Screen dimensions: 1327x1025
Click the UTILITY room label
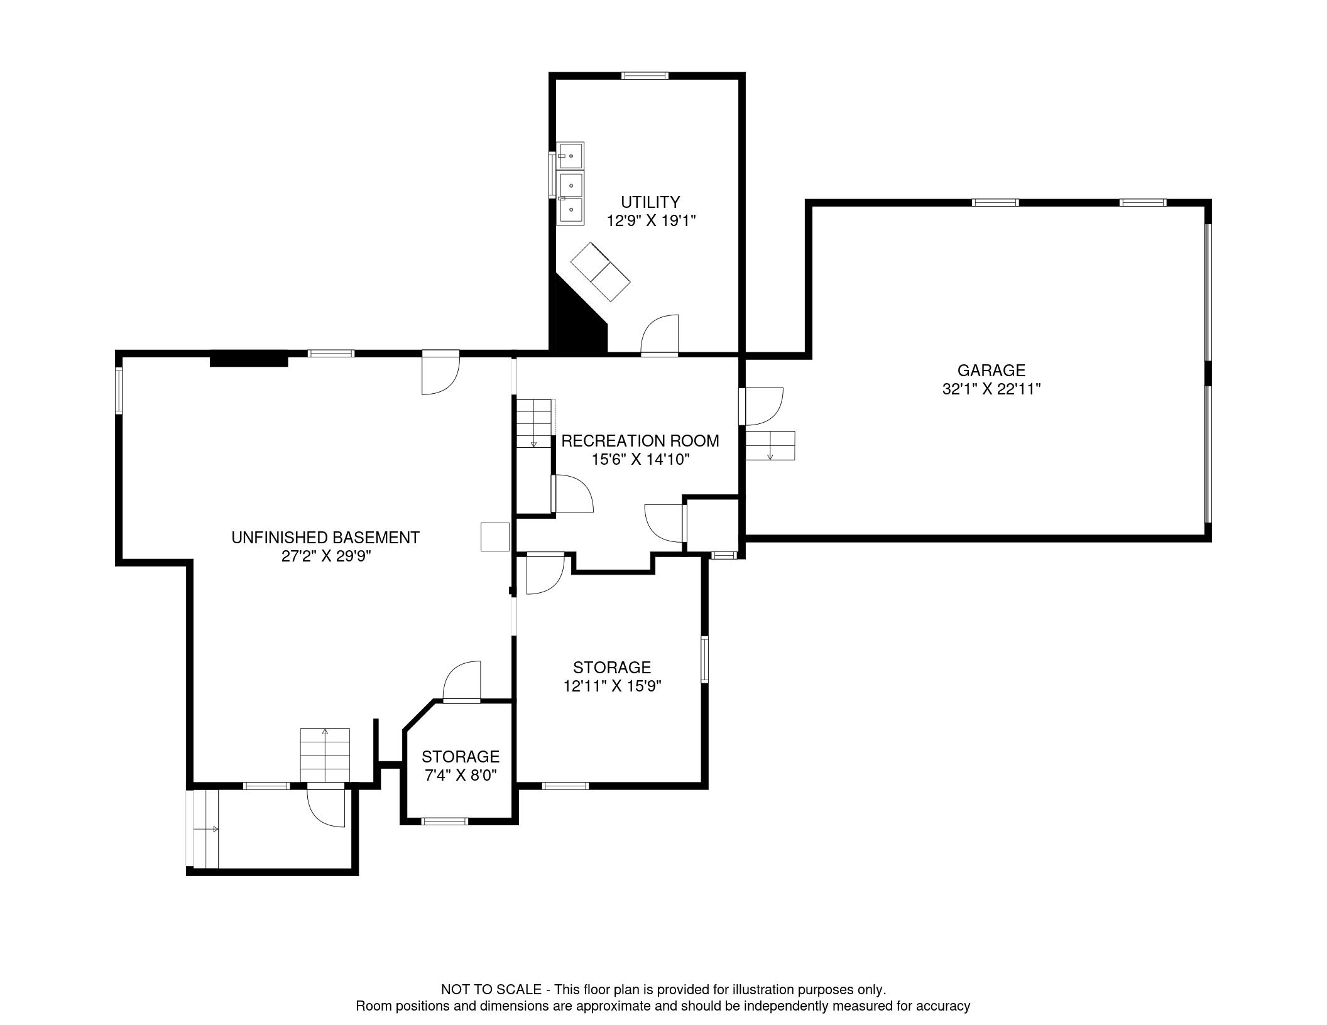650,202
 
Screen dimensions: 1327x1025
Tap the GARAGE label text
991,371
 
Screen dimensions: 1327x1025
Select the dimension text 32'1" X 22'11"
991,389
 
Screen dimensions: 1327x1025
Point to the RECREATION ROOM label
640,441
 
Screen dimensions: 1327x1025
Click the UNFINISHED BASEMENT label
325,538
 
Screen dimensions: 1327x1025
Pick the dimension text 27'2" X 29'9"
325,556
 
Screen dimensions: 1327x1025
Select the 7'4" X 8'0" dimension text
461,776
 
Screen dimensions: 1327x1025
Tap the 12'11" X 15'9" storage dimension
612,686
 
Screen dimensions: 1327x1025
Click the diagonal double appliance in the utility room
600,271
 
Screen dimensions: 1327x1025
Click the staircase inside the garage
770,446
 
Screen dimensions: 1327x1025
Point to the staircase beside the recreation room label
534,424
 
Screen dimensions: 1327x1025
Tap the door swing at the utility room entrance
660,335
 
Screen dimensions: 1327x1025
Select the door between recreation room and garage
761,406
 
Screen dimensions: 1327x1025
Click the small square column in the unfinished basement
495,537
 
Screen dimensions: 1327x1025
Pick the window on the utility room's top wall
645,76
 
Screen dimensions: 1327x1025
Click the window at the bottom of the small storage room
445,821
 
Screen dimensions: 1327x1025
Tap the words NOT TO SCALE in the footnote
491,990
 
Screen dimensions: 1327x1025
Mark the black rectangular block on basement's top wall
249,360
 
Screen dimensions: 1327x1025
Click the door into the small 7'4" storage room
462,681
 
